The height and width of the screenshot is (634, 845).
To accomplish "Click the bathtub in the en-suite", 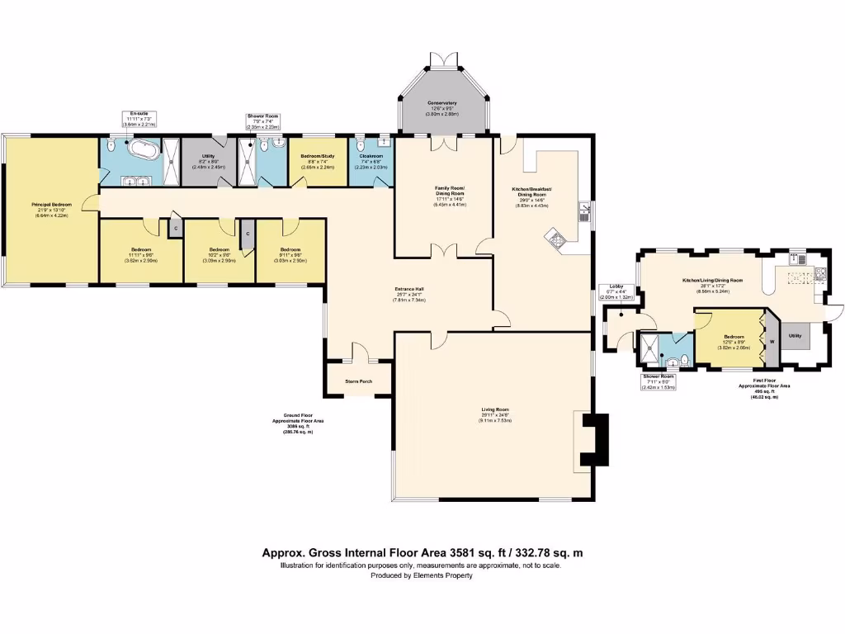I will [x=143, y=152].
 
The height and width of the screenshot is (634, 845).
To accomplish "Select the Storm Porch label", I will [x=360, y=381].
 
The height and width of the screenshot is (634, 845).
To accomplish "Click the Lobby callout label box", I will [x=616, y=291].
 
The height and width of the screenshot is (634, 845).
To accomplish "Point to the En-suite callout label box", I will [x=139, y=117].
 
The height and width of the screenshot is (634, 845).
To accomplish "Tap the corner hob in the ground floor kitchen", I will [x=557, y=240].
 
